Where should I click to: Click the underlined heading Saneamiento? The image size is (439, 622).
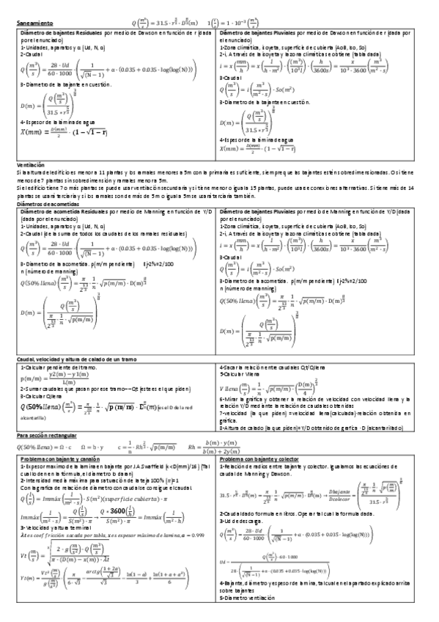coord(35,23)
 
